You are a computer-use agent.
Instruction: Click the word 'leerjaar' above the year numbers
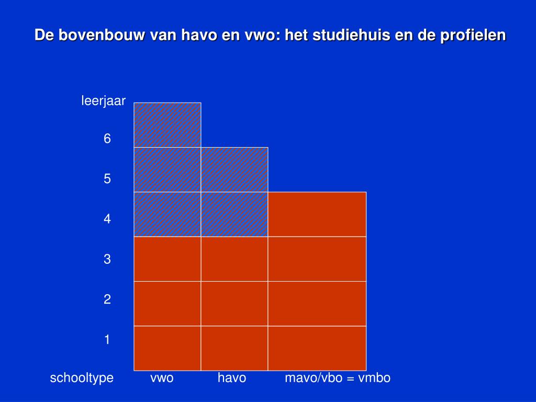click(x=103, y=101)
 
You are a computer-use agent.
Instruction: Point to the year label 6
click(x=107, y=139)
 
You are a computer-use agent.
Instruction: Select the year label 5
click(x=107, y=179)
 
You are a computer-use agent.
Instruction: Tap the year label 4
click(x=107, y=219)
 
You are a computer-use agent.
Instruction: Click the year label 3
click(x=107, y=259)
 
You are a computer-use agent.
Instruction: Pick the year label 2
click(x=107, y=299)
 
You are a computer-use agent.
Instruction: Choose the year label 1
click(x=107, y=340)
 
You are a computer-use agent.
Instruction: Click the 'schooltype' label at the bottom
click(x=82, y=378)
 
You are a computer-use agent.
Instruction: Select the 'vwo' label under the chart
click(x=162, y=378)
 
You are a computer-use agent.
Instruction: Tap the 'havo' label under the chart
click(x=232, y=378)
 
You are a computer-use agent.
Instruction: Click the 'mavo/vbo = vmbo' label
click(x=338, y=378)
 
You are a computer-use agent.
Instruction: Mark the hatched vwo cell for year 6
click(x=167, y=125)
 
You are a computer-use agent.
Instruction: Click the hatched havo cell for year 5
click(x=234, y=170)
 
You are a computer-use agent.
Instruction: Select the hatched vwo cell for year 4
click(x=167, y=214)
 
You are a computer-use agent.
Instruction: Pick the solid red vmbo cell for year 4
click(x=317, y=214)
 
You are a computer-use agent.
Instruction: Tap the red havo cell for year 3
click(x=234, y=259)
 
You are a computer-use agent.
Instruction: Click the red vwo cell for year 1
click(x=167, y=348)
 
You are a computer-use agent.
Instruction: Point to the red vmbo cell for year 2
click(x=317, y=304)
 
